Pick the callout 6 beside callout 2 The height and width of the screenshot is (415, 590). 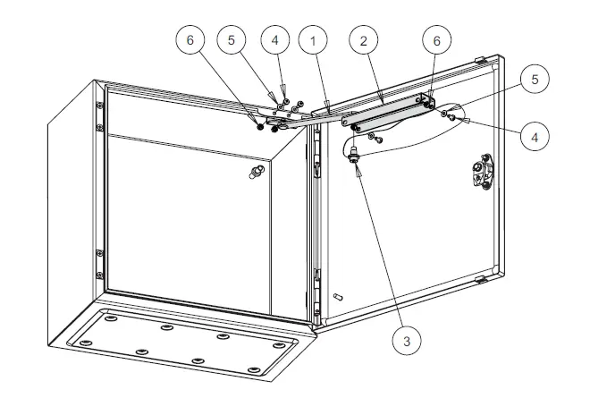437,41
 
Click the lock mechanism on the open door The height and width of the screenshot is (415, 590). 481,172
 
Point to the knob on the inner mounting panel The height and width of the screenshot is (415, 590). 257,174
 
